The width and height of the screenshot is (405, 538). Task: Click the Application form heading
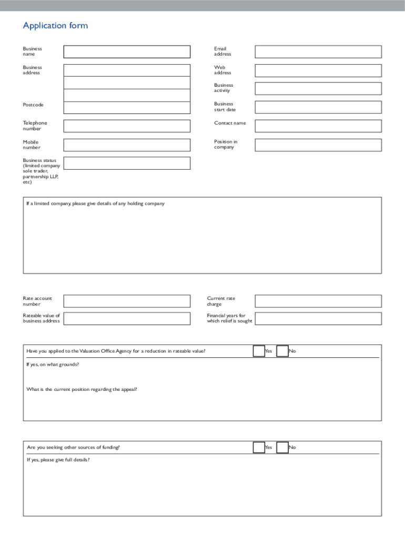tap(55, 26)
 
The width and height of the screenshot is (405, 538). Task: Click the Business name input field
tap(127, 51)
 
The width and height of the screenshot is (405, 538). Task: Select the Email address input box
tap(318, 51)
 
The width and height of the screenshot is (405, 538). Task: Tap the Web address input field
tap(318, 70)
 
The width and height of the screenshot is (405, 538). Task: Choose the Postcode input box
tap(127, 108)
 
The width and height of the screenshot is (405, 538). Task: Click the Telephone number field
tap(127, 126)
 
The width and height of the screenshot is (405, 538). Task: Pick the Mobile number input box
tap(127, 145)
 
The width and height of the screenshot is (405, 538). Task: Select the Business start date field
tap(318, 107)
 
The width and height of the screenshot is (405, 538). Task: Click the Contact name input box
tap(318, 126)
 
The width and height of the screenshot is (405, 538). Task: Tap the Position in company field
tap(318, 145)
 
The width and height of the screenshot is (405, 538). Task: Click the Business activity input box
tap(318, 88)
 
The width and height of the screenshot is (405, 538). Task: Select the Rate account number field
tap(127, 301)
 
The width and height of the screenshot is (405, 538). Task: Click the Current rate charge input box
tap(318, 301)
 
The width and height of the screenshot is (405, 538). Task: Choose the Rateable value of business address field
tap(127, 318)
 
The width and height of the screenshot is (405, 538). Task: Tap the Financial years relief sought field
tap(318, 318)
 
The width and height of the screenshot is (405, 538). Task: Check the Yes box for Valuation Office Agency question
tap(259, 351)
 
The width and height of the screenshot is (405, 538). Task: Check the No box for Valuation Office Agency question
tap(282, 351)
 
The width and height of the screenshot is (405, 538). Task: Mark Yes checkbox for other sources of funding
tap(259, 447)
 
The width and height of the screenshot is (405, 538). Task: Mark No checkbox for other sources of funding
tap(282, 447)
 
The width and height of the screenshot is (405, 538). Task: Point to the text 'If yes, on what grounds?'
tap(53, 364)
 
